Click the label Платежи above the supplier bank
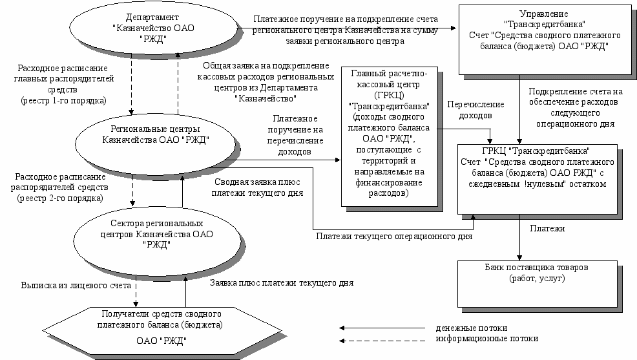click(x=547, y=228)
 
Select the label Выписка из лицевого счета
click(x=76, y=284)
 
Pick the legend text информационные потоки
click(x=486, y=338)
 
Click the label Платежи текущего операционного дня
click(x=394, y=237)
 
